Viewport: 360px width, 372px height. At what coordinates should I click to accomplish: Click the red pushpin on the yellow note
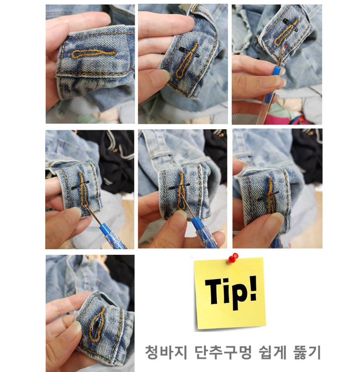[x=233, y=258]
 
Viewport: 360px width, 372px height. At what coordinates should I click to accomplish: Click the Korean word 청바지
[x=166, y=352]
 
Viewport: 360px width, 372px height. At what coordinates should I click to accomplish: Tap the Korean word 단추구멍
[x=223, y=352]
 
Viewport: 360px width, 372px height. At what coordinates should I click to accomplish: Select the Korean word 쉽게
[x=272, y=352]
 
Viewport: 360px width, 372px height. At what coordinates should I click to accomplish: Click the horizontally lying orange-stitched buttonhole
[x=94, y=54]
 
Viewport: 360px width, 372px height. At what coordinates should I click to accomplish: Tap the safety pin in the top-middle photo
[x=189, y=52]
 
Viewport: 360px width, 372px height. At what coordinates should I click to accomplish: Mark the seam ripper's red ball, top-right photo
[x=287, y=46]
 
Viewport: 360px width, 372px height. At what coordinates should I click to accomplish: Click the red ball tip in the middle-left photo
[x=88, y=207]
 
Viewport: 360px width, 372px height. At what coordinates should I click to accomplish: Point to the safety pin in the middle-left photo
[x=80, y=185]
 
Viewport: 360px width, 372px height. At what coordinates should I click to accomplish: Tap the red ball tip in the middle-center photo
[x=181, y=194]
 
